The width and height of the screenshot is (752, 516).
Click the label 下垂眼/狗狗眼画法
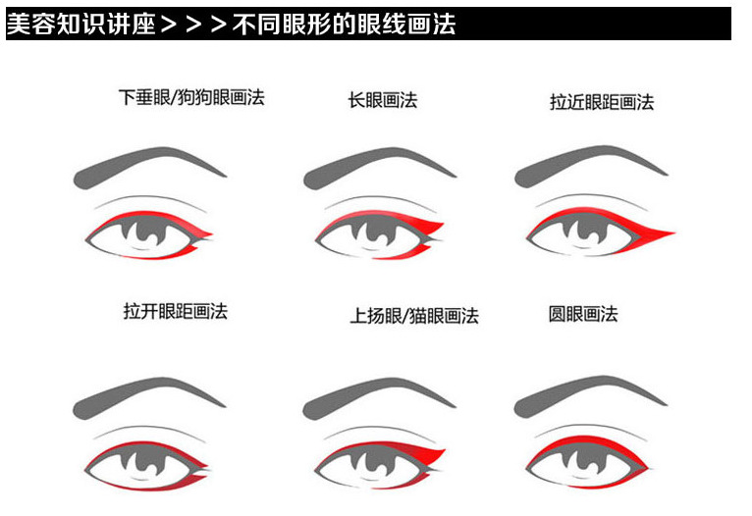click(x=191, y=97)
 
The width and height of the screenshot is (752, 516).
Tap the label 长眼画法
click(x=383, y=100)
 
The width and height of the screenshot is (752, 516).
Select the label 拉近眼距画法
click(x=602, y=102)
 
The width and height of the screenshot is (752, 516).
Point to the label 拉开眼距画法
click(x=176, y=311)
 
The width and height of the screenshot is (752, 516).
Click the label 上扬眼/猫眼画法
click(x=414, y=316)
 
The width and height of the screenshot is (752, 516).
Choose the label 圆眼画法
click(x=583, y=314)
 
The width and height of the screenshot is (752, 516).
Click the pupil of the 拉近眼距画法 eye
click(x=584, y=228)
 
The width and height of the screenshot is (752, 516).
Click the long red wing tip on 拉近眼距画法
click(x=660, y=233)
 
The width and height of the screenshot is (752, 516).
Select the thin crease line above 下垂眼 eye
click(x=151, y=199)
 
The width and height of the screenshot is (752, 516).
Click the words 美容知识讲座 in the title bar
click(x=81, y=24)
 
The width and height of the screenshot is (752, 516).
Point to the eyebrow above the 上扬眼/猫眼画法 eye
click(x=379, y=395)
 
